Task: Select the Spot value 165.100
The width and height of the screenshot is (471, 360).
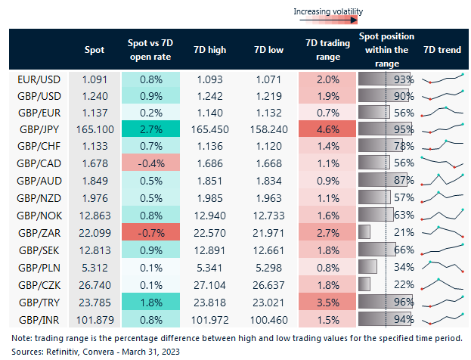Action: (95, 129)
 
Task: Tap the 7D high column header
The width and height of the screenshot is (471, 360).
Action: (209, 50)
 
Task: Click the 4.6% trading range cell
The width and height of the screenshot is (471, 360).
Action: (327, 129)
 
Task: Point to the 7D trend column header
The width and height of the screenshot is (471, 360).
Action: (443, 50)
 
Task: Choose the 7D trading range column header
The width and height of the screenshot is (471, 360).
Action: (327, 50)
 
